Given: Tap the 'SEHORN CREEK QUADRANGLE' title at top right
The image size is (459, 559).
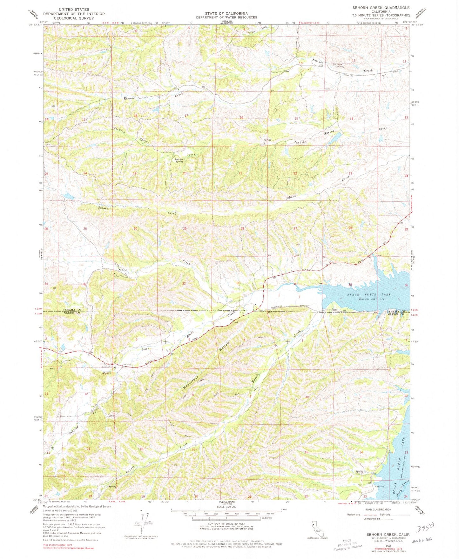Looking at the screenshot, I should pos(381,8).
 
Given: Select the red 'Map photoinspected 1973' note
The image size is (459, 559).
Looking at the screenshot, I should pos(60,544).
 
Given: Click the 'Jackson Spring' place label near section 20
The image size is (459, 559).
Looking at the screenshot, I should pos(179,160).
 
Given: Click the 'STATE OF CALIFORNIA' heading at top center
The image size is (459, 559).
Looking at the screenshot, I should pos(226,13).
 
